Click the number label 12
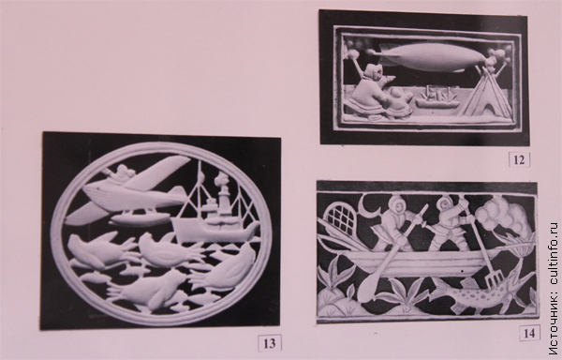tap(519, 159)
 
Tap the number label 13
tap(270, 343)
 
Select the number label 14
tap(529, 333)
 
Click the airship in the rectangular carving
tap(430, 57)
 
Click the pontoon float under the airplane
tap(140, 218)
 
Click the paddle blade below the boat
tap(368, 287)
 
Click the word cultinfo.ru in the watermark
tap(554, 253)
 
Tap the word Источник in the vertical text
tap(554, 325)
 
